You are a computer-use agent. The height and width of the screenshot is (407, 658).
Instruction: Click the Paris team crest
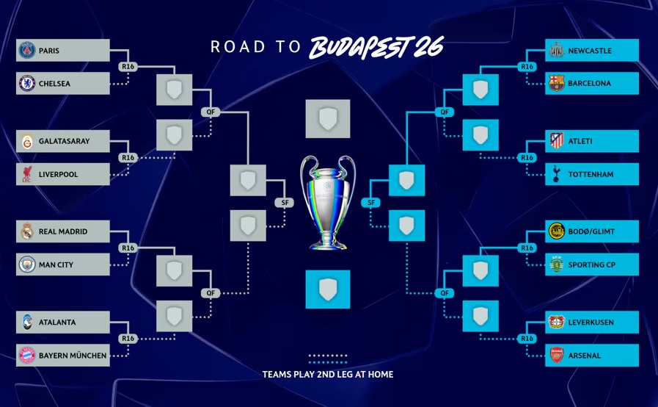coord(27,51)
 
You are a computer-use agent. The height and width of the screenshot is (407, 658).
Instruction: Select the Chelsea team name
coord(54,84)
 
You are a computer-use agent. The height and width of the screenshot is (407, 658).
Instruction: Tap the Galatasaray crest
coord(27,141)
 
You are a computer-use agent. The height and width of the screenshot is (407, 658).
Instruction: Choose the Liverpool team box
coord(63,174)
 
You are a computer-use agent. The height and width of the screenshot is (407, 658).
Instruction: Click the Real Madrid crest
coord(27,231)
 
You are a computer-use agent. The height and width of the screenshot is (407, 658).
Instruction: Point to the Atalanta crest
coord(27,322)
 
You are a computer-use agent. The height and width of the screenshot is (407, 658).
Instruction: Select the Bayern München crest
coord(27,356)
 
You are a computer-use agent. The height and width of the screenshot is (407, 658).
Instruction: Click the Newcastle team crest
coord(557,51)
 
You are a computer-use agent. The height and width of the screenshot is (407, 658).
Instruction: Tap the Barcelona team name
coord(589,84)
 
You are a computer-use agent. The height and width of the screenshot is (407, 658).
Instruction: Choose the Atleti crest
coord(557,141)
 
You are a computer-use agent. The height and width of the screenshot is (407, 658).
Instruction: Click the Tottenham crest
coord(557,174)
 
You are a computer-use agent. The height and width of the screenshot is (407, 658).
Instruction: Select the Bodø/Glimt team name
coord(591,231)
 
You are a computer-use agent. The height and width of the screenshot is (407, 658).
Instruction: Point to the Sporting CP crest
coord(557,264)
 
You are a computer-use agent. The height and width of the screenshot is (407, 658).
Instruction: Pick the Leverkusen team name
coord(591,322)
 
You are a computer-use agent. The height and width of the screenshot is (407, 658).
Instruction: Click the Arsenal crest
coord(557,356)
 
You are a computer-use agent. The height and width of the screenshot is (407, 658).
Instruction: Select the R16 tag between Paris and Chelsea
coord(128,67)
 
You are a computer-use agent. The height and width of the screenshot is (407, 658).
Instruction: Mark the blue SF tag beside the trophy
coord(371,203)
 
